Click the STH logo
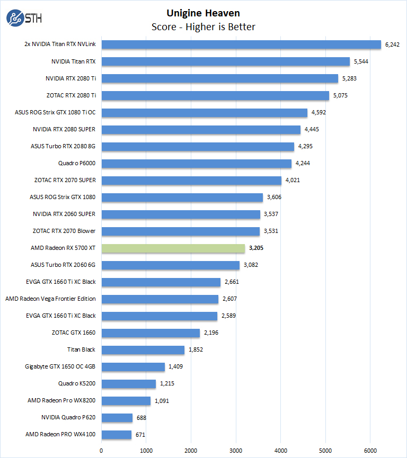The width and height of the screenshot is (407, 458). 24,19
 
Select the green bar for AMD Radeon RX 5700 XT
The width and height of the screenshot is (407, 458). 173,248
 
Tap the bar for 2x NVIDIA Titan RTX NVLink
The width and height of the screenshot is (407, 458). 241,44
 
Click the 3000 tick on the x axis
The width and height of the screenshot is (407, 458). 236,450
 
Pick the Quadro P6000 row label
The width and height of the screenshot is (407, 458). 77,163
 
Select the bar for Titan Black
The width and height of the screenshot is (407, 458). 143,350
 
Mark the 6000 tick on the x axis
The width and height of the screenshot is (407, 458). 371,450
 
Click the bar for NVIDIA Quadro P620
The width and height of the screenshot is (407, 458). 117,418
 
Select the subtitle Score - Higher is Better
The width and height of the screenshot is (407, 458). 203,26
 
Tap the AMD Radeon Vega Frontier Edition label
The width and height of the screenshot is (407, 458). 51,299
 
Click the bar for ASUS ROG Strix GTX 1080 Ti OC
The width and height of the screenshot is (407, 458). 205,112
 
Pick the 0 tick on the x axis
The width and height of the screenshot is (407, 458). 102,450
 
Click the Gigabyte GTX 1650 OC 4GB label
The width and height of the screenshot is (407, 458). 60,366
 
